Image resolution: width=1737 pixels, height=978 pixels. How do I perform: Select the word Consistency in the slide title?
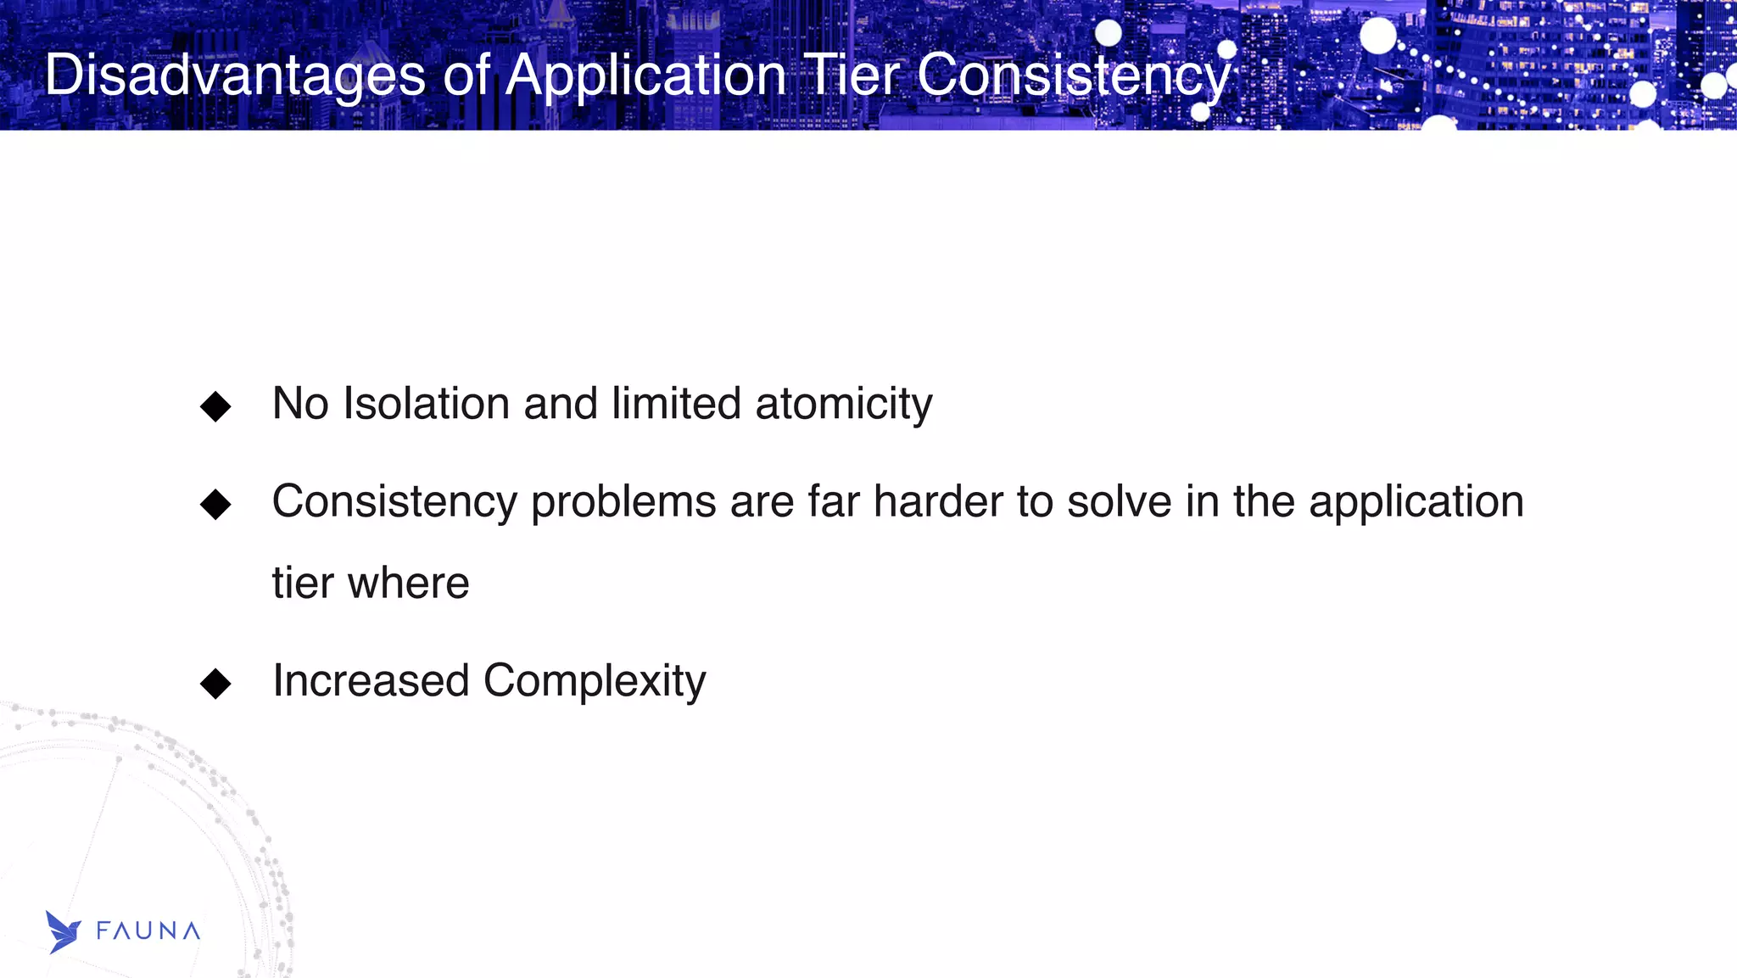tap(1073, 75)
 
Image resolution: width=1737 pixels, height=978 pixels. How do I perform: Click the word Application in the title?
tap(646, 75)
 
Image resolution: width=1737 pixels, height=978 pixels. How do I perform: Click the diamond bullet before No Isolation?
tap(215, 406)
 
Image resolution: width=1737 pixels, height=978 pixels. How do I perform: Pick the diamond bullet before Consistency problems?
tap(215, 504)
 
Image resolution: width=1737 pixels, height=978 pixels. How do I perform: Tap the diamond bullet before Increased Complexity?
tap(215, 684)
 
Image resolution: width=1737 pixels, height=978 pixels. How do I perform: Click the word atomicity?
tap(843, 405)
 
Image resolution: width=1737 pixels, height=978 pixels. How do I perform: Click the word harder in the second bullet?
tap(937, 500)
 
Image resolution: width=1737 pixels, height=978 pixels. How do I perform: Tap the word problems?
tap(623, 502)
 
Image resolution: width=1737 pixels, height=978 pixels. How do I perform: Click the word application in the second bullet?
tap(1416, 502)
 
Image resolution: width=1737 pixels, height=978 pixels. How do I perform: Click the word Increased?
tap(371, 680)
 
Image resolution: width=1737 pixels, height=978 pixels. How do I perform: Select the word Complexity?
tap(594, 682)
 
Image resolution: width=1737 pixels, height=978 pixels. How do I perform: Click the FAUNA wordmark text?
tap(148, 931)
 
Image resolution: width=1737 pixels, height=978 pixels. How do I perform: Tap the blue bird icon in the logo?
tap(62, 932)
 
